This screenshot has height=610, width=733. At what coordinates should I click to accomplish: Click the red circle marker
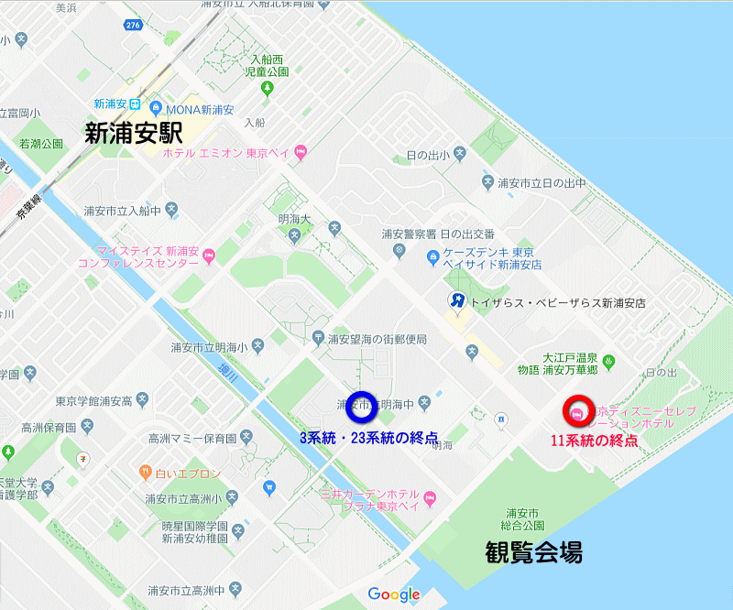click(578, 413)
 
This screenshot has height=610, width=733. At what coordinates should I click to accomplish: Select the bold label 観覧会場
click(533, 552)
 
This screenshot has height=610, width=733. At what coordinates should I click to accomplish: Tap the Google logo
click(394, 594)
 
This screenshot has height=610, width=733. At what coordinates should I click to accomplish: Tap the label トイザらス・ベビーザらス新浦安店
click(557, 301)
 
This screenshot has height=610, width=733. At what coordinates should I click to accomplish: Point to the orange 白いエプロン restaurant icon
click(145, 473)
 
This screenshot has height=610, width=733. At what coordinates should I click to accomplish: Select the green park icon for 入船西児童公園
click(268, 89)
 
